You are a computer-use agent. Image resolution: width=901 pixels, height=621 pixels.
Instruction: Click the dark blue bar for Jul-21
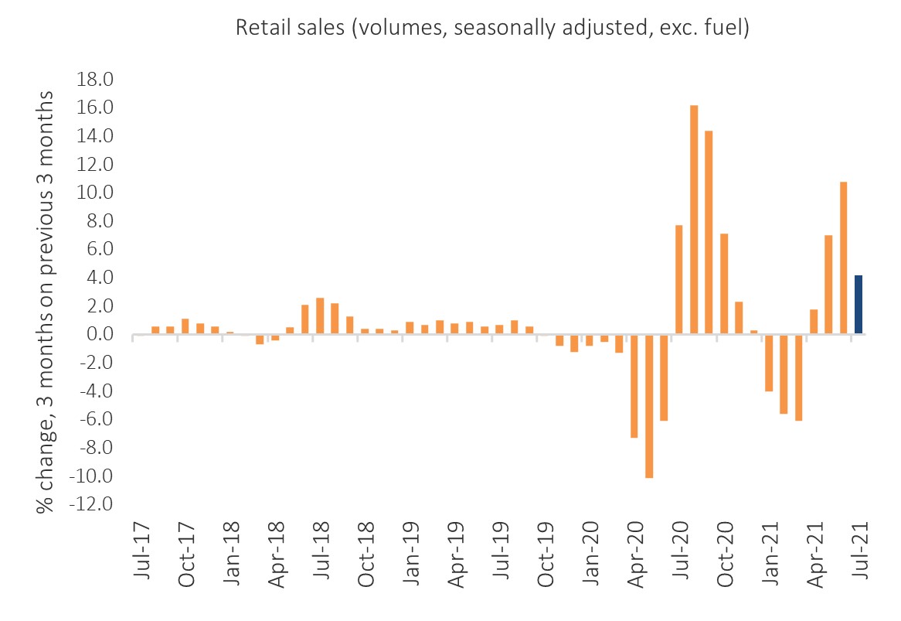[x=858, y=305]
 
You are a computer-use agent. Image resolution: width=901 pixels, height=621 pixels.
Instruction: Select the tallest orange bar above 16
[x=694, y=220]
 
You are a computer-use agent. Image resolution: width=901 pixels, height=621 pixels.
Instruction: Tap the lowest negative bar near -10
[x=649, y=406]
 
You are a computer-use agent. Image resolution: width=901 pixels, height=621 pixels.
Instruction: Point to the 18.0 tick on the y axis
[x=93, y=80]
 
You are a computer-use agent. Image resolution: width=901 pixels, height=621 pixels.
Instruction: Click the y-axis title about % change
[x=45, y=300]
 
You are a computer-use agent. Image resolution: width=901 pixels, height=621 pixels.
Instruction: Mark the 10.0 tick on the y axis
[x=93, y=193]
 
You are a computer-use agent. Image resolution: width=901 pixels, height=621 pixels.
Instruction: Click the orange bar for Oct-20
[x=724, y=284]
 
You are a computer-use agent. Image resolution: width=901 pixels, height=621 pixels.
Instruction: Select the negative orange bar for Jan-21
[x=769, y=363]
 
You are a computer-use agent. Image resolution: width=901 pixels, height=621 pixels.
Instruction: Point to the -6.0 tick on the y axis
[x=93, y=419]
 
